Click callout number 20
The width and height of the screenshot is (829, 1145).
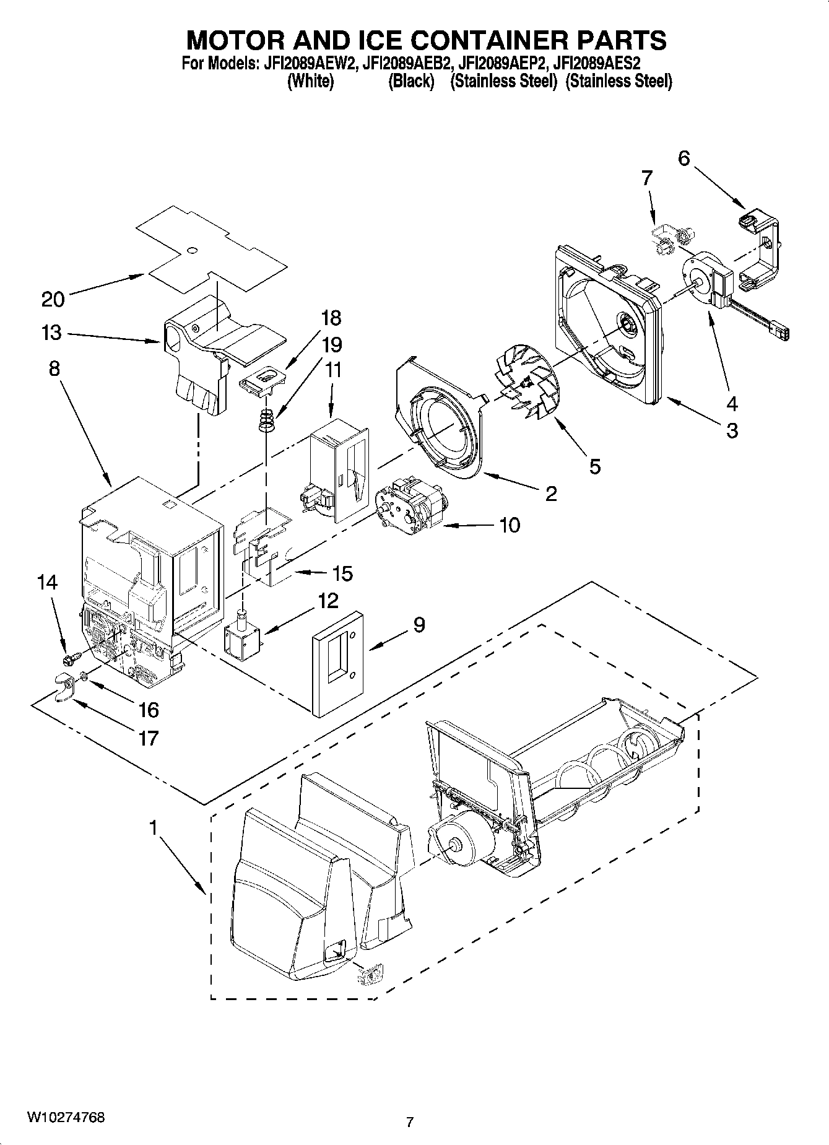pyautogui.click(x=53, y=300)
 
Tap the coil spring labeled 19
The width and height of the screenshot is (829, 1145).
pyautogui.click(x=266, y=421)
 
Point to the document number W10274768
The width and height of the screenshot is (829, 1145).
pyautogui.click(x=65, y=1118)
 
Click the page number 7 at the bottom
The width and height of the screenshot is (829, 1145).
pyautogui.click(x=409, y=1121)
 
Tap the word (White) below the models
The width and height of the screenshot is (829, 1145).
pyautogui.click(x=311, y=81)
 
